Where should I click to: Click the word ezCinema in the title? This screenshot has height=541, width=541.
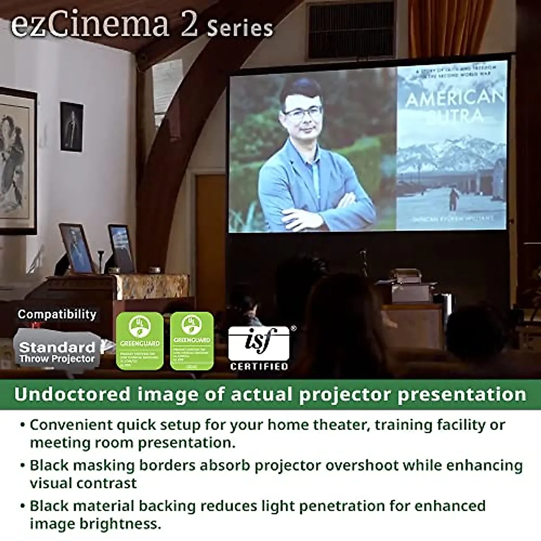[89, 24]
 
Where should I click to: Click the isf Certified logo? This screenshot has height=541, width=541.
[258, 347]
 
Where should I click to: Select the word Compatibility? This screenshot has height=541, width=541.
[57, 314]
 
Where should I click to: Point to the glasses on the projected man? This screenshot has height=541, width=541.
[303, 113]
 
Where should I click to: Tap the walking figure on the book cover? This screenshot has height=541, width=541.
[454, 199]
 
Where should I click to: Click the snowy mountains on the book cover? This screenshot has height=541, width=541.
[451, 151]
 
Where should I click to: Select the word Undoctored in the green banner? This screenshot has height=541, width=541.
[72, 394]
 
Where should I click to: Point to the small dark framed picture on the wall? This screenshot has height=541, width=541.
[72, 126]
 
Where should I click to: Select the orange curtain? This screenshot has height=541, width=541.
[451, 27]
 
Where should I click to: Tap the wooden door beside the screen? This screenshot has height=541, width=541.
[210, 216]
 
